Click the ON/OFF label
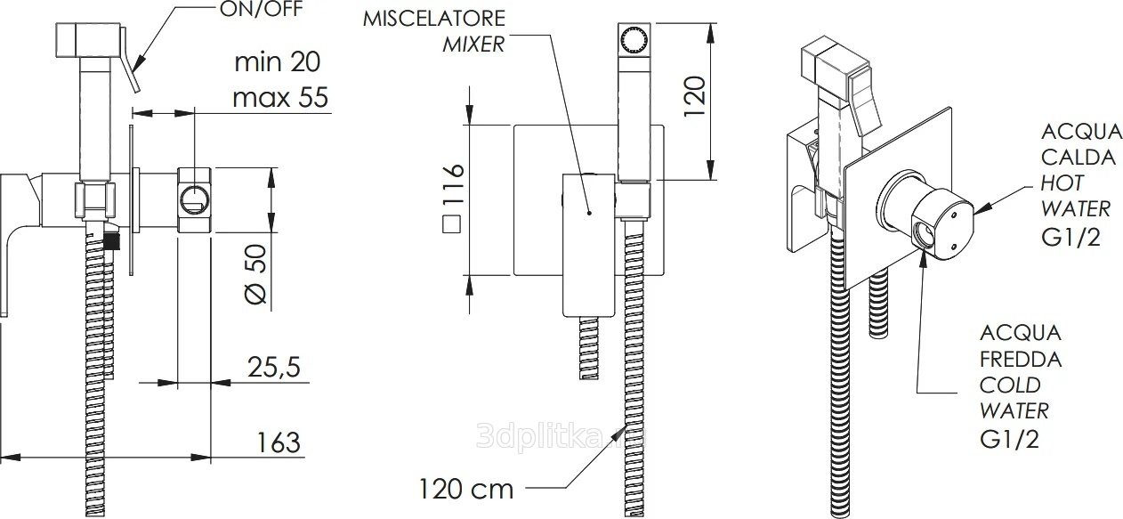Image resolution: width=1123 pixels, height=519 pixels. coord(261,9)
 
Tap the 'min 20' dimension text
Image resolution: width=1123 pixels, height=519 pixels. coord(278,61)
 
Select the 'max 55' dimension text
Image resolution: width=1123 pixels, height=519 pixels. coord(280,97)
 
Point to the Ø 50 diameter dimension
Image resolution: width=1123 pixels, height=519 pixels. coord(255,274)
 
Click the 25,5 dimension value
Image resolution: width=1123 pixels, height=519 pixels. coord(274,367)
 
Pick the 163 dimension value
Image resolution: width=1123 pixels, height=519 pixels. coord(279,442)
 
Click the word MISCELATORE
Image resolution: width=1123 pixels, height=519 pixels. coord(434,19)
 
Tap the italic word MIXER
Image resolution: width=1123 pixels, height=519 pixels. coord(473,45)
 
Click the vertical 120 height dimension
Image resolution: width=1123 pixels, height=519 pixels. coord(694,96)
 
